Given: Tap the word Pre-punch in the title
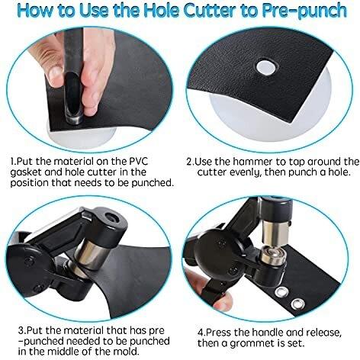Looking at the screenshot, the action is (x=304, y=11).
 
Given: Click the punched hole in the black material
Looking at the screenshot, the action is (x=266, y=67).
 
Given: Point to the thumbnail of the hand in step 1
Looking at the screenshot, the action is (x=55, y=73).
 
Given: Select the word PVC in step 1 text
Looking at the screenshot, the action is (x=137, y=162).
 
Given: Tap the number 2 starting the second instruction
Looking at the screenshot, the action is (x=189, y=162).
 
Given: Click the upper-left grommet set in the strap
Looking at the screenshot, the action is (x=281, y=292).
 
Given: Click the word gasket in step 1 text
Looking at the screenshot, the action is (x=26, y=173).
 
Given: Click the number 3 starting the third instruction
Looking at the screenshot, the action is (x=21, y=330).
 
